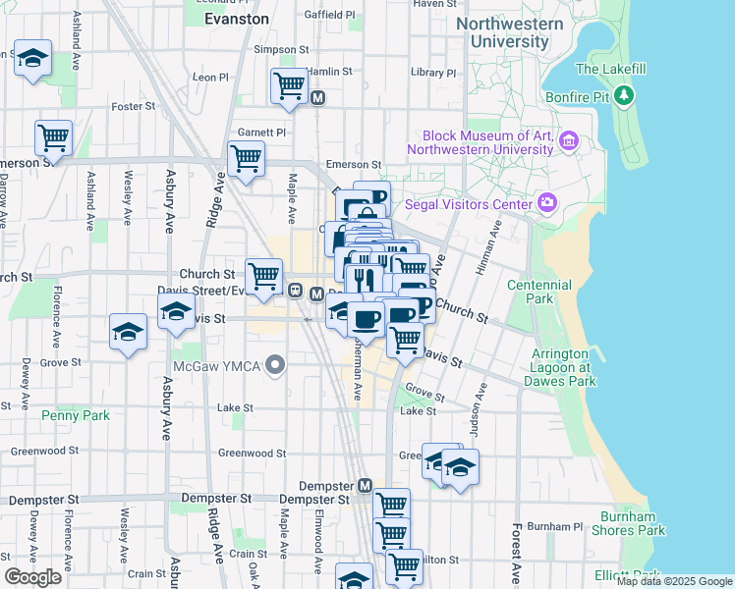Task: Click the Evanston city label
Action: (x=236, y=19)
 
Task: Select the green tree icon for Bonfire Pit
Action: (x=624, y=95)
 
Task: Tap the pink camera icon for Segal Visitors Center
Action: (x=547, y=203)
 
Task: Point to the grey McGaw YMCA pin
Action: (x=275, y=366)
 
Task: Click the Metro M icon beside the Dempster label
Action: (x=365, y=486)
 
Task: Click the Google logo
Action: (x=32, y=576)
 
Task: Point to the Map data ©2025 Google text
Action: (x=673, y=581)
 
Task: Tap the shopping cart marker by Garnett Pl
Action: (x=246, y=159)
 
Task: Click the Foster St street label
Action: (x=137, y=106)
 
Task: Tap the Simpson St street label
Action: (x=273, y=49)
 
